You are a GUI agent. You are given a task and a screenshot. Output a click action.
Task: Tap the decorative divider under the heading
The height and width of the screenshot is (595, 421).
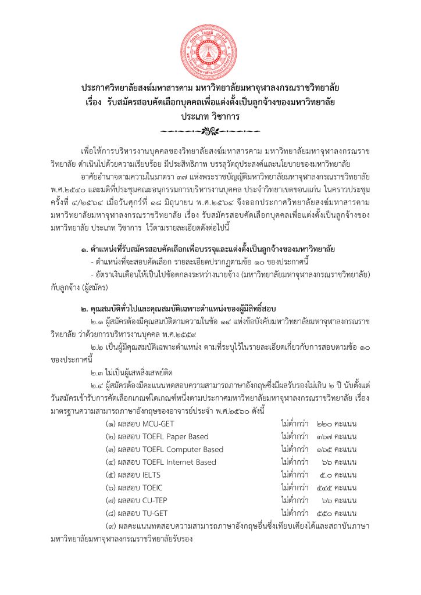[210, 130]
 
